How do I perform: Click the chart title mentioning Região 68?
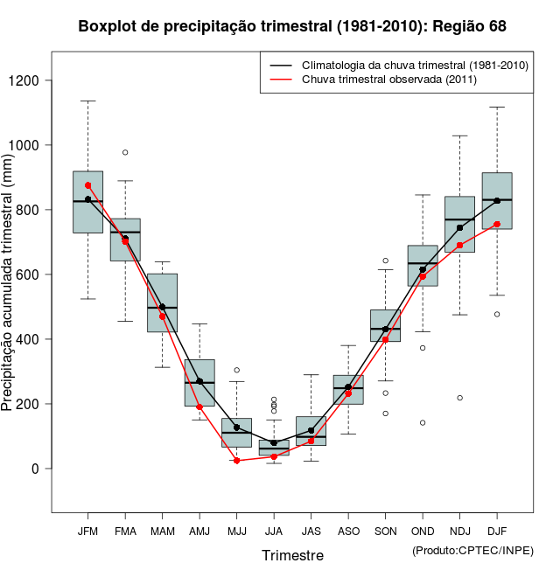(x=292, y=26)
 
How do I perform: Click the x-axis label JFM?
(x=87, y=532)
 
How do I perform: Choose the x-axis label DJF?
(x=497, y=532)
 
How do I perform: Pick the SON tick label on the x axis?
(x=385, y=532)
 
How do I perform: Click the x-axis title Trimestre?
(x=292, y=555)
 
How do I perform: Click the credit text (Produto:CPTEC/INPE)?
(x=472, y=550)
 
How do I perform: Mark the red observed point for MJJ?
(x=236, y=461)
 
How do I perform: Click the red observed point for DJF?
(x=497, y=224)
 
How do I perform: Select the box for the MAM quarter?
(x=162, y=302)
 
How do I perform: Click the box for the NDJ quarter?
(x=459, y=224)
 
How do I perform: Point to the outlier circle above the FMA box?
(x=125, y=152)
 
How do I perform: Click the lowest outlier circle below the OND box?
(x=423, y=422)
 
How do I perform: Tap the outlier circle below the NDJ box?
(x=459, y=398)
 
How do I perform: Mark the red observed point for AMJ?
(x=199, y=407)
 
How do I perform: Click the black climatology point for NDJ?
(x=459, y=227)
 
